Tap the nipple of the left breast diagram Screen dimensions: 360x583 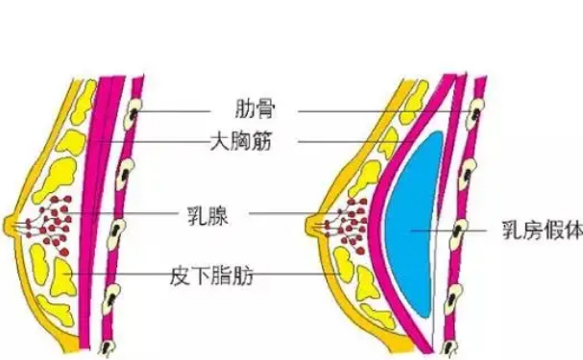coord(12,227)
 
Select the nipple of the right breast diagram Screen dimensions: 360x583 coord(312,228)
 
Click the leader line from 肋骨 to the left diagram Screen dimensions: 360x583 coord(187,111)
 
